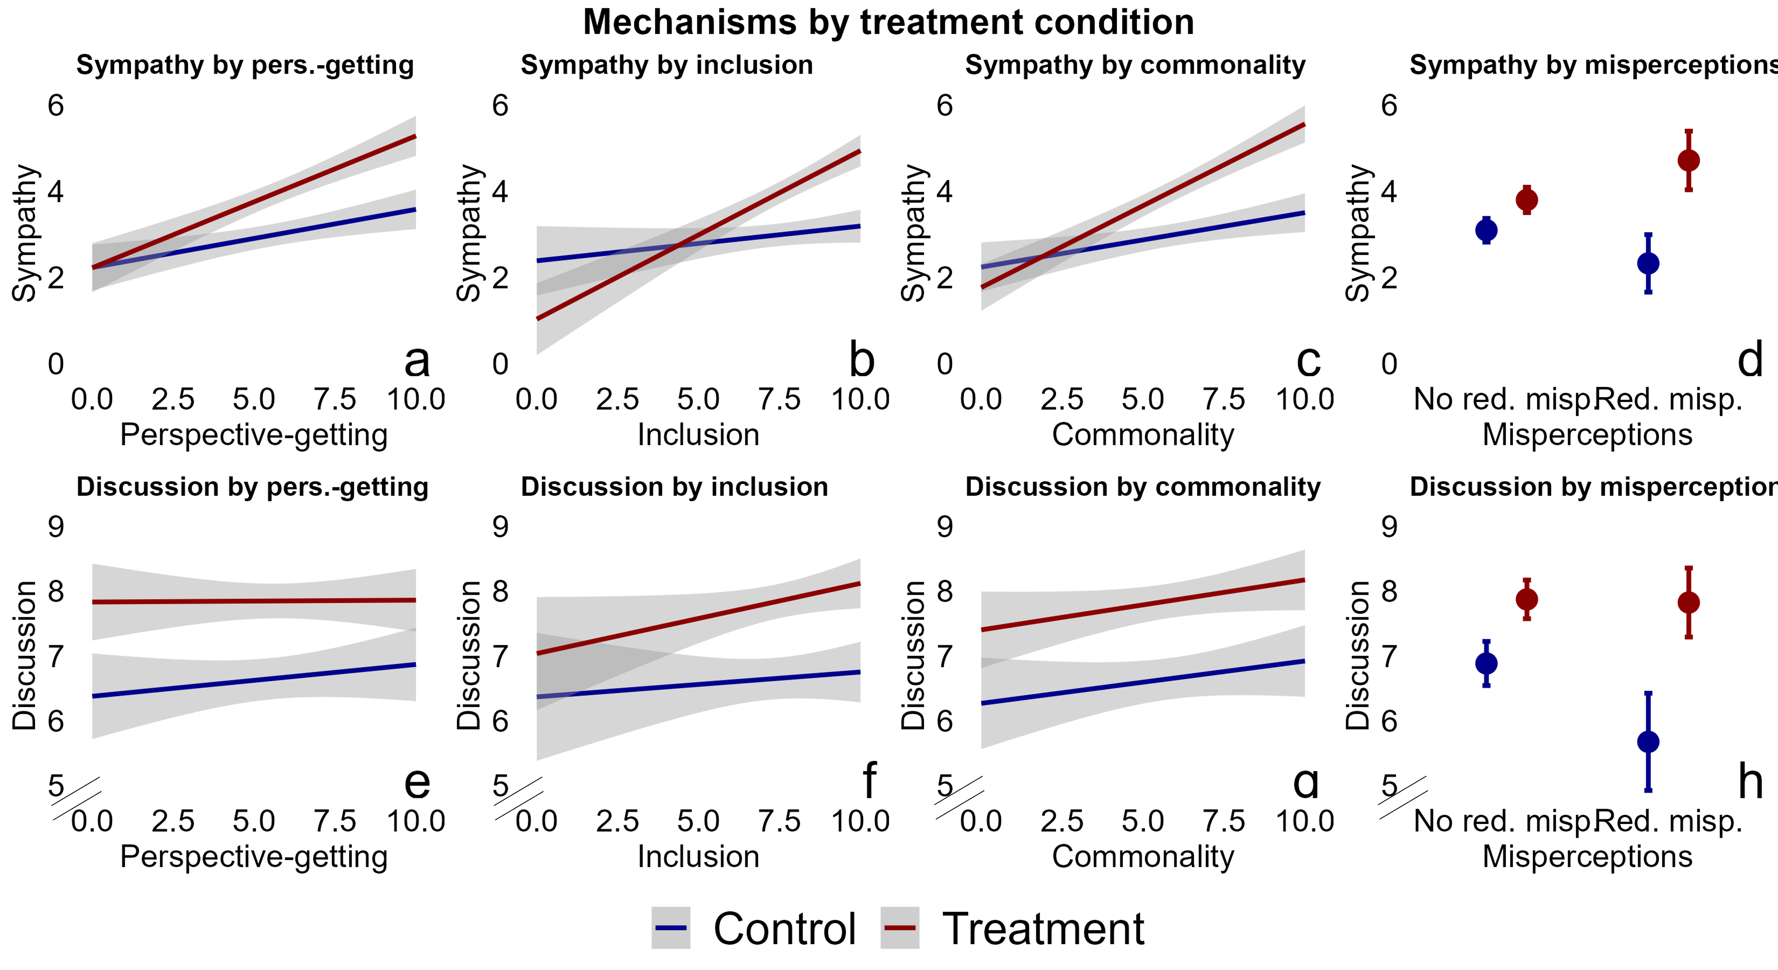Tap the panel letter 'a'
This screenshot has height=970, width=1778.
(417, 361)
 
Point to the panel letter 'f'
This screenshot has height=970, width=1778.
(870, 781)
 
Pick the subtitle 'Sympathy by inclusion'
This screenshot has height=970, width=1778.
(667, 65)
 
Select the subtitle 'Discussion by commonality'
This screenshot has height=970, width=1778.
(1142, 487)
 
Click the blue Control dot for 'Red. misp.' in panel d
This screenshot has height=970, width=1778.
(1648, 263)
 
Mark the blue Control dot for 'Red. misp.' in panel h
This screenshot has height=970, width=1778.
(1648, 742)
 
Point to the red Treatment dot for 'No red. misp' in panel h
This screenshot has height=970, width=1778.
(1527, 599)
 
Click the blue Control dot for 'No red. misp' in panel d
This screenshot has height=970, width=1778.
(1486, 230)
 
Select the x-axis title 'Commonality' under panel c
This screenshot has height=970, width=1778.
(1142, 435)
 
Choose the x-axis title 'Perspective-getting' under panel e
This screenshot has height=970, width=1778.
(254, 857)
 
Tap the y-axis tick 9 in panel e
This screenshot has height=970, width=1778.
(56, 527)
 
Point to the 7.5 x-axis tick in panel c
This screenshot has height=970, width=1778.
(1224, 399)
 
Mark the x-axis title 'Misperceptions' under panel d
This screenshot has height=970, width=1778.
(1587, 435)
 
